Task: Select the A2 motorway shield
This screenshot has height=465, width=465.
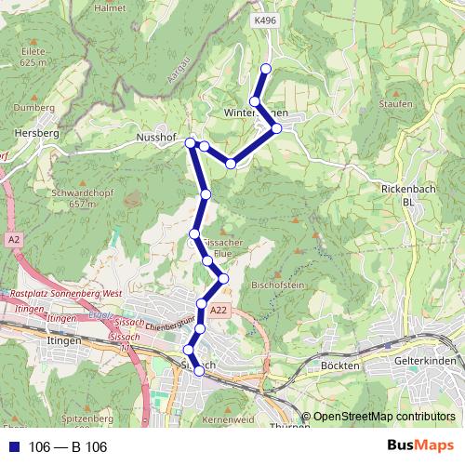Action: point(13,240)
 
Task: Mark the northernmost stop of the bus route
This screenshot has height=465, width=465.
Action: point(266,68)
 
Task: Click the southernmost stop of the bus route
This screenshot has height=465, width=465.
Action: point(198,371)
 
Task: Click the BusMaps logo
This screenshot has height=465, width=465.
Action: point(421,446)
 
